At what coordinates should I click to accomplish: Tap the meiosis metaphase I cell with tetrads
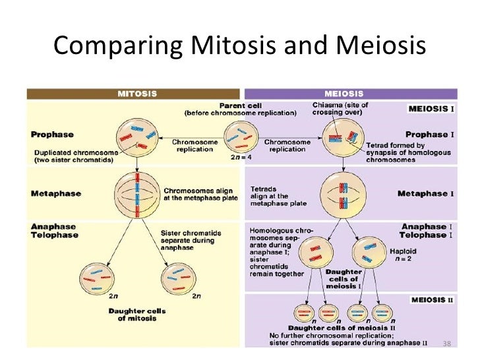(x=343, y=196)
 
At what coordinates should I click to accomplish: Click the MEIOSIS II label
(x=433, y=300)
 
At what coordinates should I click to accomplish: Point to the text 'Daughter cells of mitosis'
(x=138, y=315)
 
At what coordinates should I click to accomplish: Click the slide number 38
(x=446, y=343)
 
